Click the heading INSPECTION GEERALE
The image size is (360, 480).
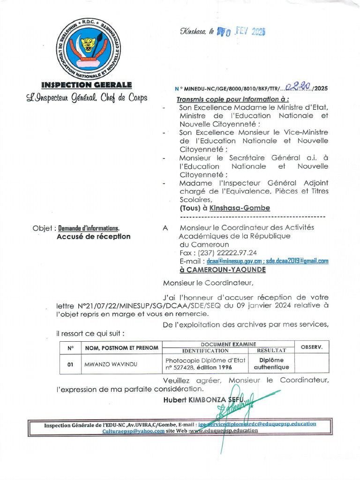coord(87,85)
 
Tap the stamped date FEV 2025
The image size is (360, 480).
coord(247,32)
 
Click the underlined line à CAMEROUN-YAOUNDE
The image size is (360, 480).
coord(222,270)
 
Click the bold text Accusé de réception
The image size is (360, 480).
coord(93,237)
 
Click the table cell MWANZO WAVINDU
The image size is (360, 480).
coord(111,364)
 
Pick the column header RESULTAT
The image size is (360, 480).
coord(272,350)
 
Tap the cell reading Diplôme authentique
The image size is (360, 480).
coord(275,364)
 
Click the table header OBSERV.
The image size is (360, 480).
coord(311,347)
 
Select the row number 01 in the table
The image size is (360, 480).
coord(71,364)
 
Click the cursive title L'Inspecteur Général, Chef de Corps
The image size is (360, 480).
coord(87,97)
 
